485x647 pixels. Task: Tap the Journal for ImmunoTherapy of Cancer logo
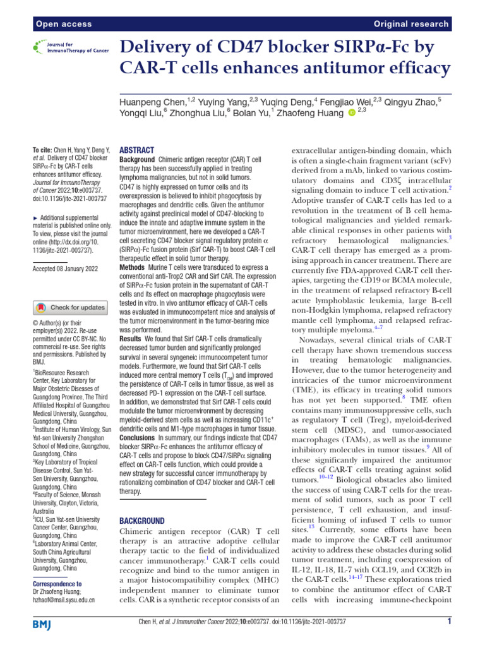click(x=69, y=47)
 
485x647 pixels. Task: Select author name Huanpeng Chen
click(x=148, y=100)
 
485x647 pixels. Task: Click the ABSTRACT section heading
click(x=136, y=150)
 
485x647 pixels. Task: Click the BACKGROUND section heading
click(x=141, y=521)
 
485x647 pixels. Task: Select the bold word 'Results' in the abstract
click(x=131, y=340)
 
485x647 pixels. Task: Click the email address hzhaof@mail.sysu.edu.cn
click(x=64, y=600)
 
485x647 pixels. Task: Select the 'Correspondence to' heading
click(x=57, y=584)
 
